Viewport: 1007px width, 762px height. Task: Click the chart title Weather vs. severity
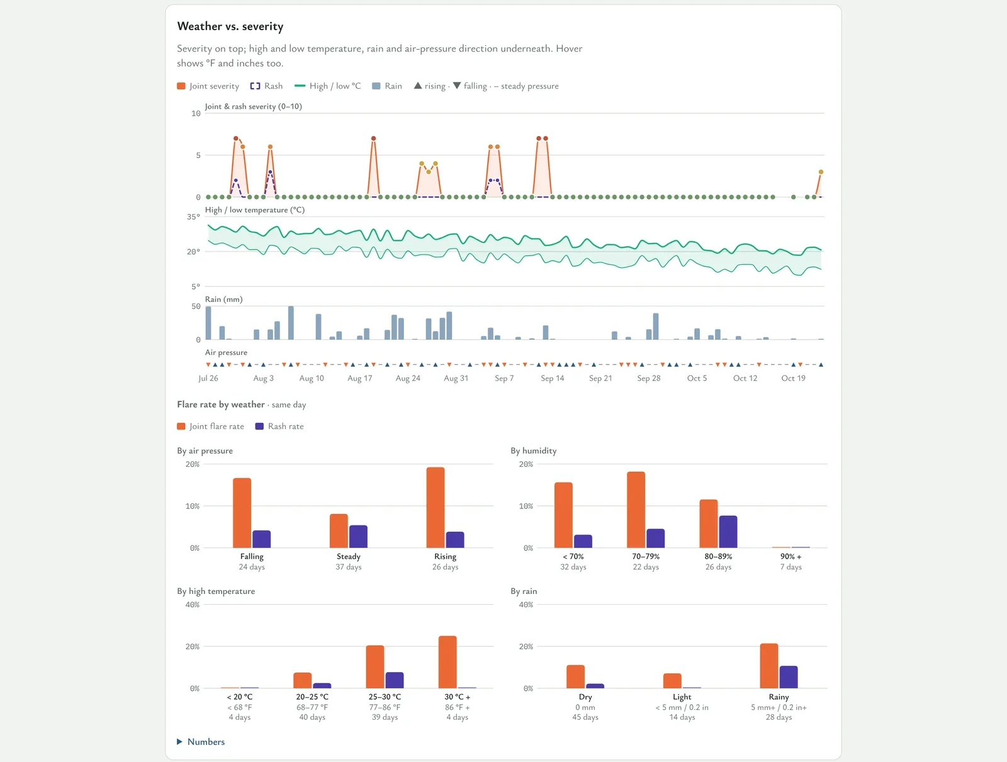[x=230, y=26]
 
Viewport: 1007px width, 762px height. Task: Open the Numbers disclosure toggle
[x=201, y=741]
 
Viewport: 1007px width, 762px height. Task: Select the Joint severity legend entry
[x=208, y=86]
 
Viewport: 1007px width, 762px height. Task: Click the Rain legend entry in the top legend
[x=386, y=86]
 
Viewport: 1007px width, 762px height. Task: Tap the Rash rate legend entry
[x=279, y=426]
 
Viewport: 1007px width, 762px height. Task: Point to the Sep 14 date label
[x=553, y=378]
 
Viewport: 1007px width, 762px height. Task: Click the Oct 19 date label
[x=793, y=378]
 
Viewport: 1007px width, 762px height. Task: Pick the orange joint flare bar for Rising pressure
[x=436, y=507]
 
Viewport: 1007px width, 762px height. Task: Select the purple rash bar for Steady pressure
[x=358, y=536]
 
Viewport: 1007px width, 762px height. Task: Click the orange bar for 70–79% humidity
[x=636, y=510]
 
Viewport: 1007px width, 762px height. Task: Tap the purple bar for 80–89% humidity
[x=728, y=531]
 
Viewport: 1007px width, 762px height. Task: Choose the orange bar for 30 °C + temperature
[x=447, y=661]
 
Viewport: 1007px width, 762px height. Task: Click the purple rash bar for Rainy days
[x=789, y=676]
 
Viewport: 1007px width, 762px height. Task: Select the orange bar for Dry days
[x=576, y=676]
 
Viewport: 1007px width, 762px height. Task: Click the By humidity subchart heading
[x=534, y=451]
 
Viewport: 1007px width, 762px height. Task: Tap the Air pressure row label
[x=226, y=352]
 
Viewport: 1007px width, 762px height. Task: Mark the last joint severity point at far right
[x=821, y=172]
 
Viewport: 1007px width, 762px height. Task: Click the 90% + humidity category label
[x=791, y=556]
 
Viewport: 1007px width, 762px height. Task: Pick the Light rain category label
[x=682, y=697]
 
